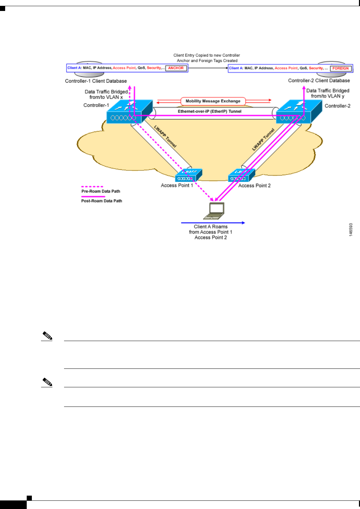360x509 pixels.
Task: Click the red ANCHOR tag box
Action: [176, 68]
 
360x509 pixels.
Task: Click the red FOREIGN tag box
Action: [340, 68]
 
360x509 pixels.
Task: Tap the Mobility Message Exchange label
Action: [213, 101]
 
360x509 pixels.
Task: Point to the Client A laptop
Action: [214, 210]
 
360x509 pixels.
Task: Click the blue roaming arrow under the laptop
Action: [213, 223]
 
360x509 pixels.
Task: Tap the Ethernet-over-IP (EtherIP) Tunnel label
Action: [210, 111]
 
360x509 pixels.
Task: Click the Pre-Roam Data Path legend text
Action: [101, 191]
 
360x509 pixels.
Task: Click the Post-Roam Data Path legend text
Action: [101, 201]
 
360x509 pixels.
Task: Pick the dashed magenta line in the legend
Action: [92, 187]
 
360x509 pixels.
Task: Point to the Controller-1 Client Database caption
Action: [96, 81]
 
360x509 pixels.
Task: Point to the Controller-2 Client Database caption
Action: [319, 81]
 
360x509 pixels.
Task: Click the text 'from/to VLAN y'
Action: [327, 96]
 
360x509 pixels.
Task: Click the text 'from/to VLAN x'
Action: [106, 97]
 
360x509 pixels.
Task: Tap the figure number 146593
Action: [351, 230]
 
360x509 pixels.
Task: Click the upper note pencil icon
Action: [47, 336]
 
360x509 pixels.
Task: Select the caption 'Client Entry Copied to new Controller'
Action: [207, 55]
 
